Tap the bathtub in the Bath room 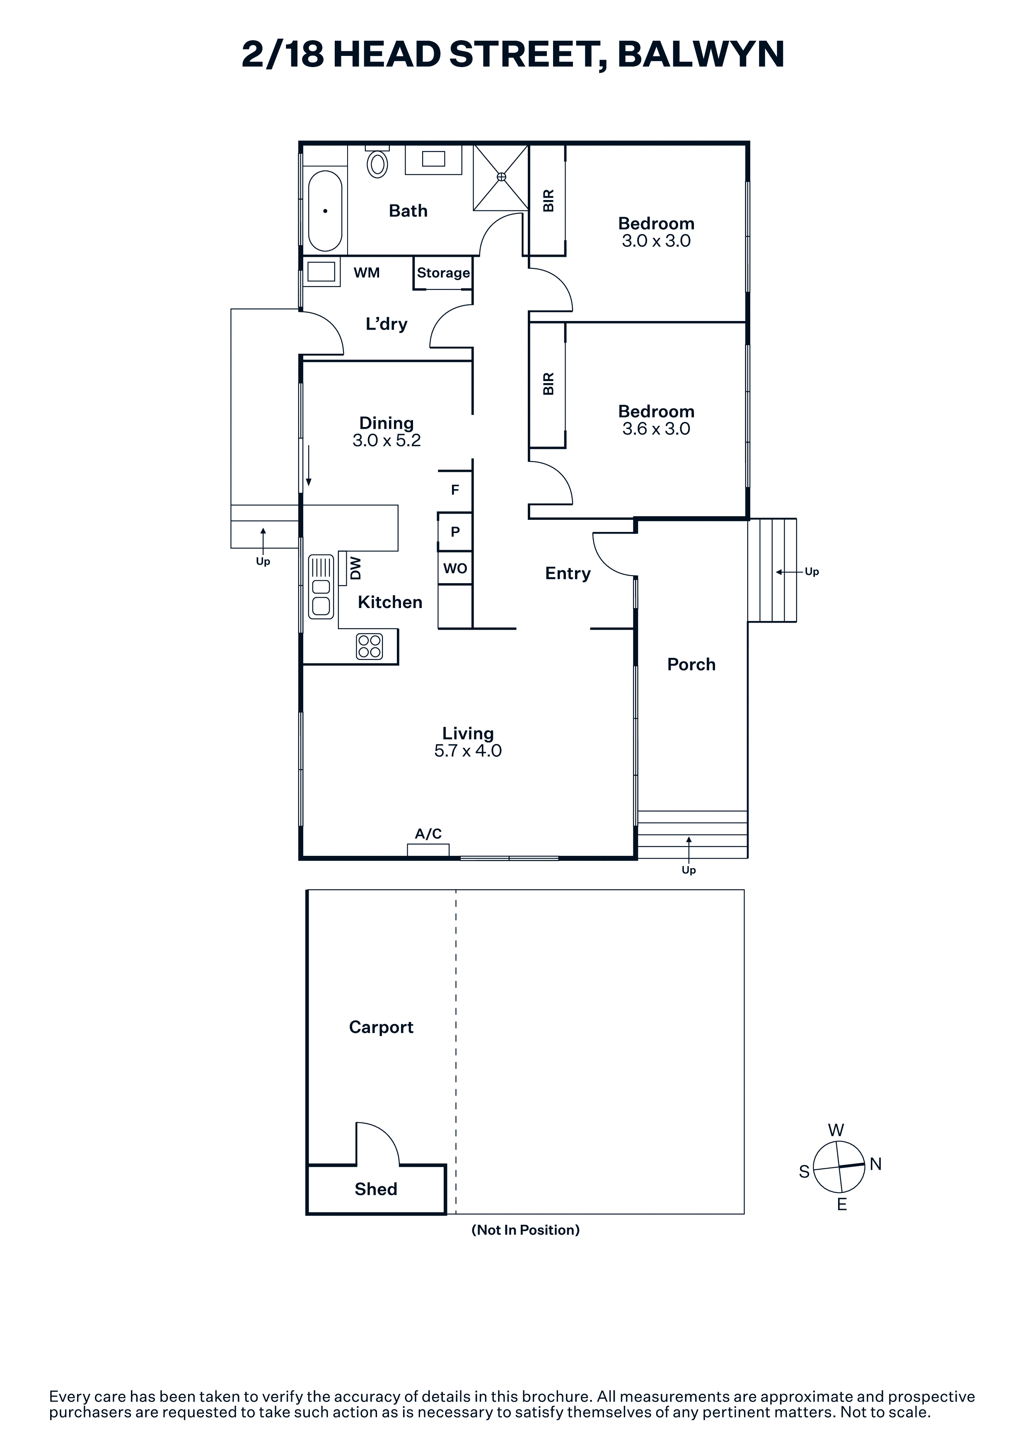[x=325, y=211]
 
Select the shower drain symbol [x=501, y=176]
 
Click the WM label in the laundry [x=366, y=273]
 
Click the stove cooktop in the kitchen [x=370, y=646]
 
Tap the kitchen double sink [x=321, y=586]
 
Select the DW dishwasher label [x=355, y=568]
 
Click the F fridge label [x=455, y=490]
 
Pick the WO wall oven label [x=455, y=568]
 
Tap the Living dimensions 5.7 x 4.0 [x=468, y=751]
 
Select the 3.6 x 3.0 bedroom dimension [x=656, y=429]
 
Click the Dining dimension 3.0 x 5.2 [x=387, y=440]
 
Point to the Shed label [x=376, y=1189]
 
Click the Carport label [x=381, y=1027]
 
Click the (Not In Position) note [x=525, y=1230]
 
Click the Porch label [x=691, y=664]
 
